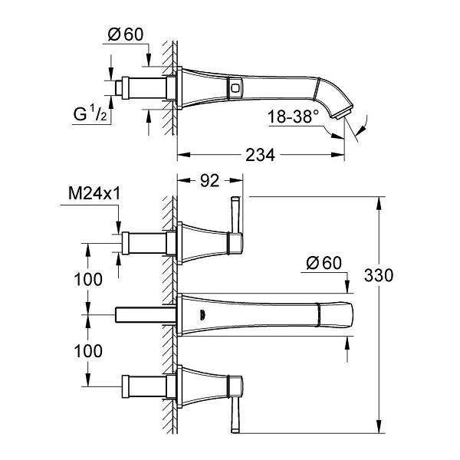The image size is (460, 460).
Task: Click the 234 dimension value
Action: [260, 155]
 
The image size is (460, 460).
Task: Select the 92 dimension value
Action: [209, 181]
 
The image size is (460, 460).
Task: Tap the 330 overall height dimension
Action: [379, 275]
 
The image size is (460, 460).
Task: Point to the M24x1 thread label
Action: [94, 193]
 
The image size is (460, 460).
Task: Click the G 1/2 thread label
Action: [90, 113]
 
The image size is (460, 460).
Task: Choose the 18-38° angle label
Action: [293, 117]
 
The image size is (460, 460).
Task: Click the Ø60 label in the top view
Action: [126, 34]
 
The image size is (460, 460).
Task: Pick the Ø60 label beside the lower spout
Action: [324, 262]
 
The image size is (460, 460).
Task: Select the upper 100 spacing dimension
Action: [88, 279]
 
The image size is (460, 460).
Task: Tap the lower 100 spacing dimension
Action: [88, 351]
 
